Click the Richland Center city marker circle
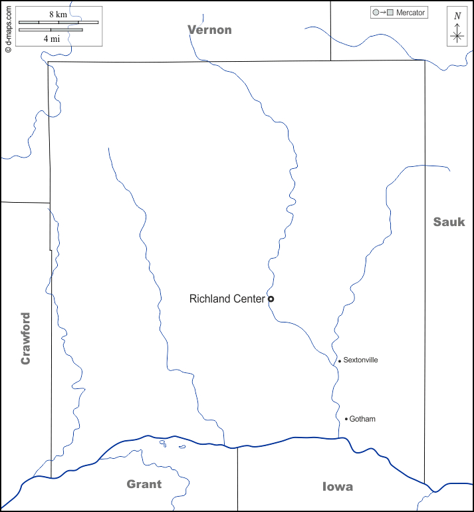[271, 299]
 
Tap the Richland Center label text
[227, 299]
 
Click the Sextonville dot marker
[340, 361]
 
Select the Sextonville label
[360, 360]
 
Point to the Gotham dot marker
[346, 419]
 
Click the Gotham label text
[362, 419]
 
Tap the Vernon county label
[209, 30]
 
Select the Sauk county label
[449, 222]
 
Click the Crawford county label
[26, 338]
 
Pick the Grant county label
[144, 484]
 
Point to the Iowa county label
[337, 487]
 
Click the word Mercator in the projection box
[410, 13]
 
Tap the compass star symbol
[457, 37]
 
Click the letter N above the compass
[457, 16]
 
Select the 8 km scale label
[57, 14]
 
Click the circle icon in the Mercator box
[376, 13]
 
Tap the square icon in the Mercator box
[390, 13]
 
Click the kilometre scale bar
[59, 23]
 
